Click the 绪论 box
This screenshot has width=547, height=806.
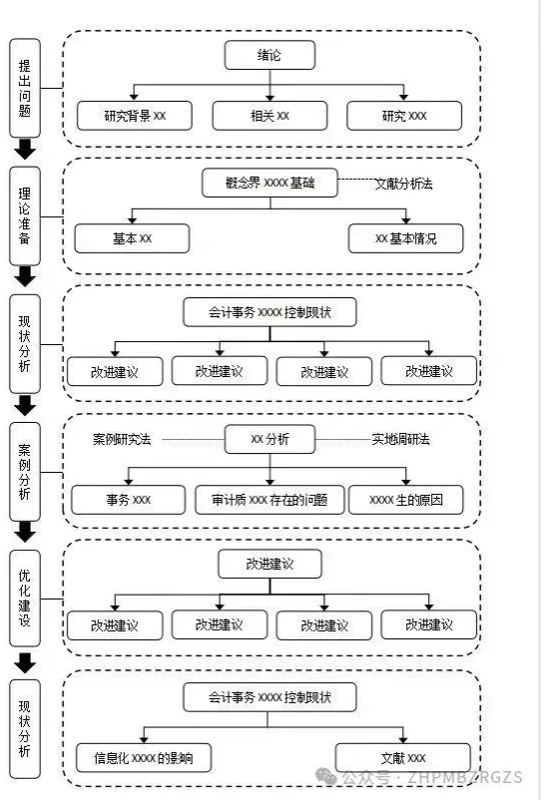[x=270, y=55]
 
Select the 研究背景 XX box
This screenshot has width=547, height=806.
[x=135, y=116]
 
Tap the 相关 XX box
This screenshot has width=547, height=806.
[x=270, y=116]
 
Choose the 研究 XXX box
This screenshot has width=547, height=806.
[x=404, y=116]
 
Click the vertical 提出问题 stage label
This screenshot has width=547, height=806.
[x=25, y=88]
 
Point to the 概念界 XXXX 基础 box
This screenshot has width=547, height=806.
[x=270, y=183]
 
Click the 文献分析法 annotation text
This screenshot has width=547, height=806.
[x=403, y=184]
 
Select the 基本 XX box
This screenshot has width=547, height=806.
[x=132, y=238]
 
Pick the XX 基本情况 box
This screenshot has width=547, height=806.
[x=405, y=238]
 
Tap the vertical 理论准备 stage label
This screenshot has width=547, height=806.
[x=25, y=215]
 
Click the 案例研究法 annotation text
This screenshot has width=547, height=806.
[x=122, y=439]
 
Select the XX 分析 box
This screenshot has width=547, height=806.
[x=270, y=439]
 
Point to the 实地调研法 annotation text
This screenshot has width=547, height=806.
[x=401, y=439]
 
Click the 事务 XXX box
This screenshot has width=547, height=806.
[x=128, y=500]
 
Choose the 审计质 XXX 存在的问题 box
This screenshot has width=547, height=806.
[x=270, y=500]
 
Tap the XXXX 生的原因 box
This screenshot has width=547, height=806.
[x=406, y=500]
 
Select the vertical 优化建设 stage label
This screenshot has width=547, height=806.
[x=25, y=598]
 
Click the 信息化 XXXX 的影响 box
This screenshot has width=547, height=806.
[x=144, y=758]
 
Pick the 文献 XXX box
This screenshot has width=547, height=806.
[x=403, y=758]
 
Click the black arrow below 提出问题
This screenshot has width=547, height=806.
[x=25, y=149]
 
